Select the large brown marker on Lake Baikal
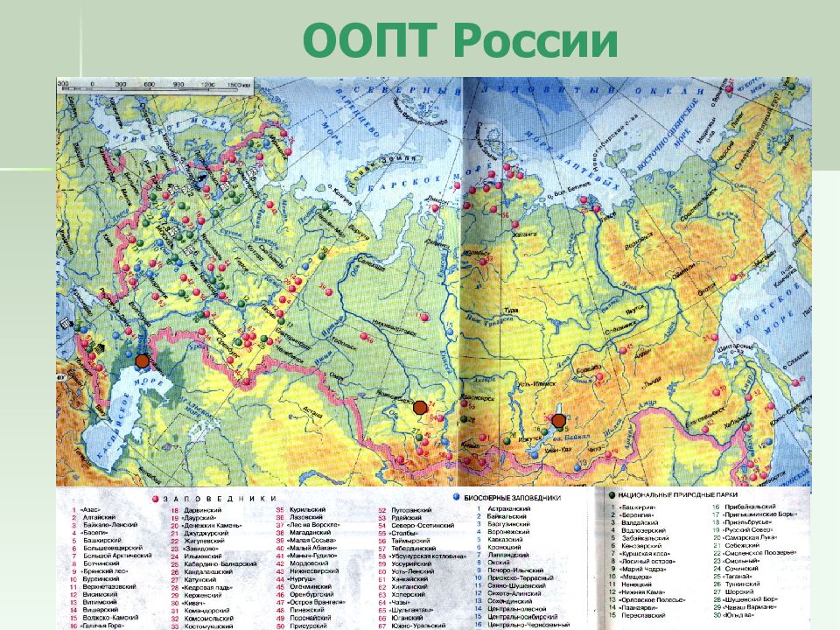pos(558,421)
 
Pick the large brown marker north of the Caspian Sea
pos(142,360)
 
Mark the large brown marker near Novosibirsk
pos(420,407)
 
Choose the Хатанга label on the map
pos(500,235)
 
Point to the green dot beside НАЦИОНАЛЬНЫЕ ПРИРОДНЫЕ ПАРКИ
pos(611,496)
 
